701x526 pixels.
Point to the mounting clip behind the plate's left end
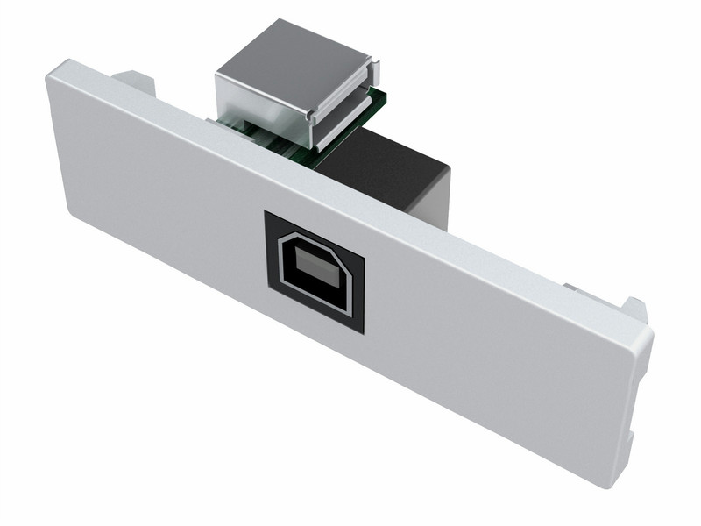tap(136, 80)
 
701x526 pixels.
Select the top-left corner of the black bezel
tap(266, 211)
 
